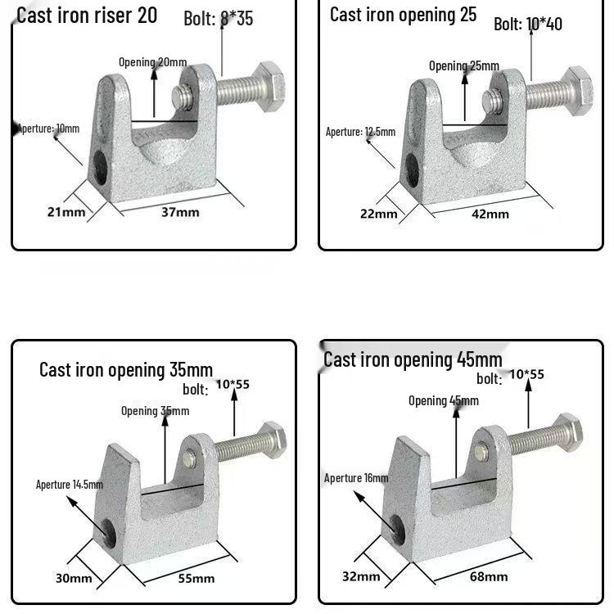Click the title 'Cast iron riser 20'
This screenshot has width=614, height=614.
click(x=87, y=15)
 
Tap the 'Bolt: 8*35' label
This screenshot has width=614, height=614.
click(x=218, y=18)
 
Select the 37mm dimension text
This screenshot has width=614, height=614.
click(x=180, y=212)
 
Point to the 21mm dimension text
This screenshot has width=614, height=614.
click(x=65, y=212)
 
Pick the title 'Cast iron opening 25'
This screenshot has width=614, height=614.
click(x=403, y=15)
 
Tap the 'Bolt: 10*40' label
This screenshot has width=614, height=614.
click(x=528, y=24)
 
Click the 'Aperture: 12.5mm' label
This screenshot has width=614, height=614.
click(x=360, y=132)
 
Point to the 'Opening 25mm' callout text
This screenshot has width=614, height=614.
click(x=463, y=65)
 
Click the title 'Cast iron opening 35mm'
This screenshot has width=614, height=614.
click(x=126, y=369)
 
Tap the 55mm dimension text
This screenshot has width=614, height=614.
click(x=196, y=578)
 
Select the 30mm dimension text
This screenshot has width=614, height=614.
click(x=74, y=578)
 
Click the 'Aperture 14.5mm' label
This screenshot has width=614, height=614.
click(x=70, y=485)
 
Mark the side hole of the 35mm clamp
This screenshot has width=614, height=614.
click(x=107, y=532)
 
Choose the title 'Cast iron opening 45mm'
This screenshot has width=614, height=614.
click(x=413, y=359)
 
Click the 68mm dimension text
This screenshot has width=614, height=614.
click(x=488, y=576)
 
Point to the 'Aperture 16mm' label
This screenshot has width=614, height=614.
click(x=356, y=478)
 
